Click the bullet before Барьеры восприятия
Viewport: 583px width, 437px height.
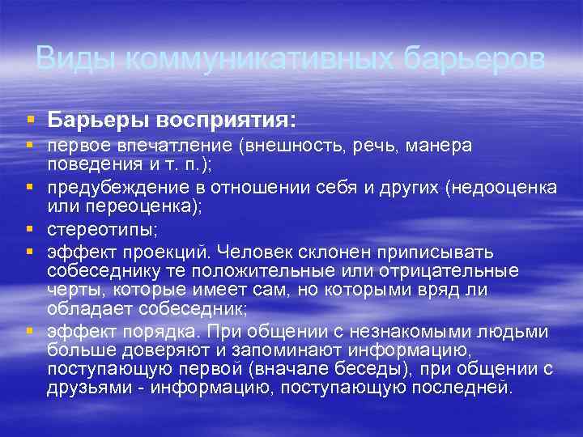(30, 120)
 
